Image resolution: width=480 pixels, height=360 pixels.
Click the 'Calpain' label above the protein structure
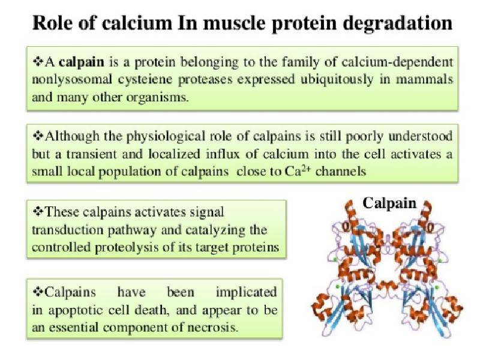(x=389, y=203)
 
